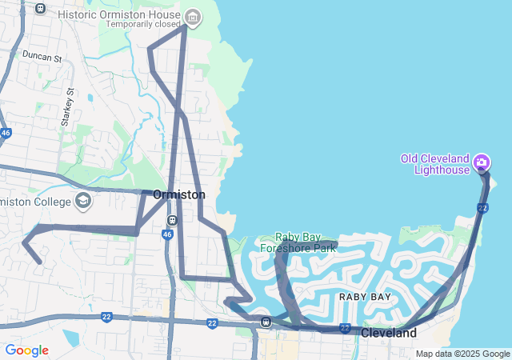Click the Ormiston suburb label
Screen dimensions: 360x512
[179, 194]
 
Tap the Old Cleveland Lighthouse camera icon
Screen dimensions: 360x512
[482, 163]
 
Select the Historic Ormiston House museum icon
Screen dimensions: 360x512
[192, 16]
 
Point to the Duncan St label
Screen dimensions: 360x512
[42, 58]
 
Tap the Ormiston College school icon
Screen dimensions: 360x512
[83, 201]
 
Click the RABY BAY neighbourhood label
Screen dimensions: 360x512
[365, 297]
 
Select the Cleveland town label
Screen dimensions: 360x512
[389, 333]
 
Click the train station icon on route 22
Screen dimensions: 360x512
[266, 322]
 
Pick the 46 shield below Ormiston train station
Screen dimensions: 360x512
[167, 234]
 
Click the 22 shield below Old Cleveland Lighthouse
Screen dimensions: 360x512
[482, 208]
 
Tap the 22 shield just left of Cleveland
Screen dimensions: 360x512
[345, 328]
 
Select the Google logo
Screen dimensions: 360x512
[26, 350]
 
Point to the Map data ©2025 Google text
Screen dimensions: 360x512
[462, 354]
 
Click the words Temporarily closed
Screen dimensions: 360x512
[143, 24]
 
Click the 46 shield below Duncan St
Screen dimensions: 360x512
[6, 133]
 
